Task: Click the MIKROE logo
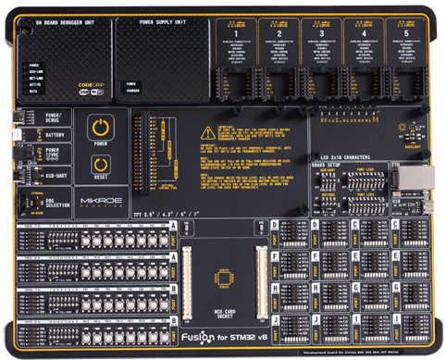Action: point(98,198)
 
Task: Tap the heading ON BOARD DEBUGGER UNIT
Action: point(65,21)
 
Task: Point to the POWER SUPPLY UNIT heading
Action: point(162,21)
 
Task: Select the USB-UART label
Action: point(56,175)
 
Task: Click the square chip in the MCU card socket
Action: point(224,277)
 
